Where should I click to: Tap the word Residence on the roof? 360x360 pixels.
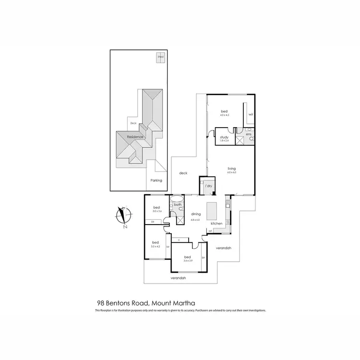click(136, 137)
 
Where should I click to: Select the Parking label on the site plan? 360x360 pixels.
click(156, 180)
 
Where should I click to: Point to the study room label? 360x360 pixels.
click(224, 137)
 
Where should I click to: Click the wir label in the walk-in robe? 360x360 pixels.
click(251, 115)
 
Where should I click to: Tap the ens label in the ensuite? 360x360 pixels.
click(248, 134)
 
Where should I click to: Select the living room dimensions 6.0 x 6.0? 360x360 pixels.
click(232, 172)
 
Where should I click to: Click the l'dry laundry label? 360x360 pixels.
click(209, 185)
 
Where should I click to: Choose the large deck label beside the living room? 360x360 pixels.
click(183, 173)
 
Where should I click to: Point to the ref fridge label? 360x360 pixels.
click(211, 232)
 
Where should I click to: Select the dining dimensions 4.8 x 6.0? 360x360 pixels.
click(196, 219)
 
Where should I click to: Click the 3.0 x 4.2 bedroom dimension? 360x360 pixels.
click(156, 246)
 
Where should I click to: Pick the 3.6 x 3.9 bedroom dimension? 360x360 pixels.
click(187, 261)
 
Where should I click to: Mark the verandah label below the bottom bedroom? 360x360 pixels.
click(178, 278)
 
